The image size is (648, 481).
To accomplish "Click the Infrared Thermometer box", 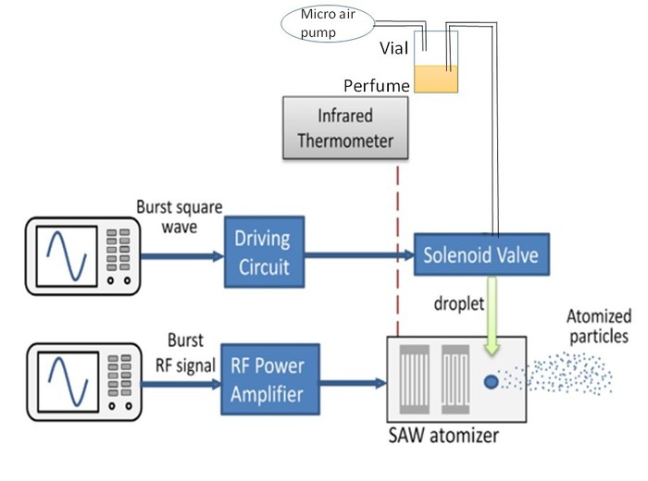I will [x=343, y=129].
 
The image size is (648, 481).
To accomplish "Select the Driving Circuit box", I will [x=262, y=252].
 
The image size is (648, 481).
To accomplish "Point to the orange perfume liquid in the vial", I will [x=436, y=79].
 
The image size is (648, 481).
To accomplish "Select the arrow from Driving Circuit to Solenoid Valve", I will [x=357, y=252].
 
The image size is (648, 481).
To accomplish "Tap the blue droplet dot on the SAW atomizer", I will [x=492, y=380].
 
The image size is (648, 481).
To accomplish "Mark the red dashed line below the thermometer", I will [x=397, y=250].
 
